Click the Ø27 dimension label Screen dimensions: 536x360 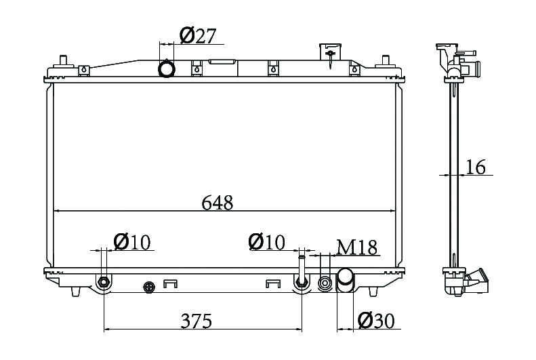point(198,35)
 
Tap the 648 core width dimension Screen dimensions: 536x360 point(218,203)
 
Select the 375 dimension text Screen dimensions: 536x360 point(197,321)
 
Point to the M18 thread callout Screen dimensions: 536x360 point(356,247)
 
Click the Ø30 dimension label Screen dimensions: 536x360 point(376,321)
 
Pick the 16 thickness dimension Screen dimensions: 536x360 point(476,167)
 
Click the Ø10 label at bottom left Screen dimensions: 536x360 point(132,243)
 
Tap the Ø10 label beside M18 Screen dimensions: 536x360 point(266,242)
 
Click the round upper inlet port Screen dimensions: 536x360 point(167,68)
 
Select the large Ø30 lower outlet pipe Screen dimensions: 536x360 point(346,281)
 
